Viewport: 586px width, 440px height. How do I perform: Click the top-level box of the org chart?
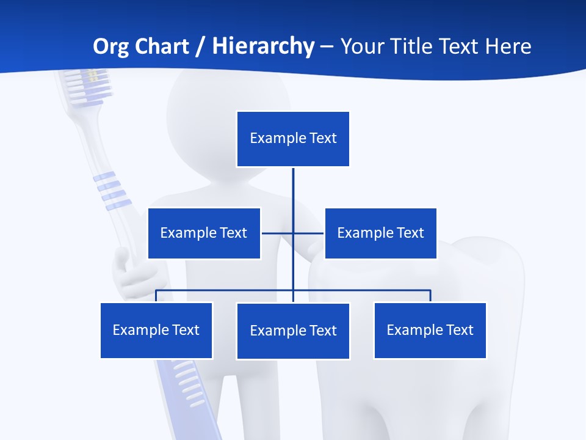293,139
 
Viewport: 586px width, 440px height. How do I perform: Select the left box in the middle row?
204,233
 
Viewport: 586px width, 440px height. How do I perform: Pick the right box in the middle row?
380,233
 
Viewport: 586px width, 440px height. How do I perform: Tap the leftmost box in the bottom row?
156,330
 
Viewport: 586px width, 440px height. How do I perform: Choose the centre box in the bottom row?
293,331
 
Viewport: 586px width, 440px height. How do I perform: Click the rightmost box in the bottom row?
430,330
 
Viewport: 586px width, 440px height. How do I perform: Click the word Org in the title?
109,46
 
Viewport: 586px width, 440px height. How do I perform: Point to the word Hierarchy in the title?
263,46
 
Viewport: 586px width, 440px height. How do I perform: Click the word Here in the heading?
508,46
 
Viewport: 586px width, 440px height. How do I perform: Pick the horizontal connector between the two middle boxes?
278,233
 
